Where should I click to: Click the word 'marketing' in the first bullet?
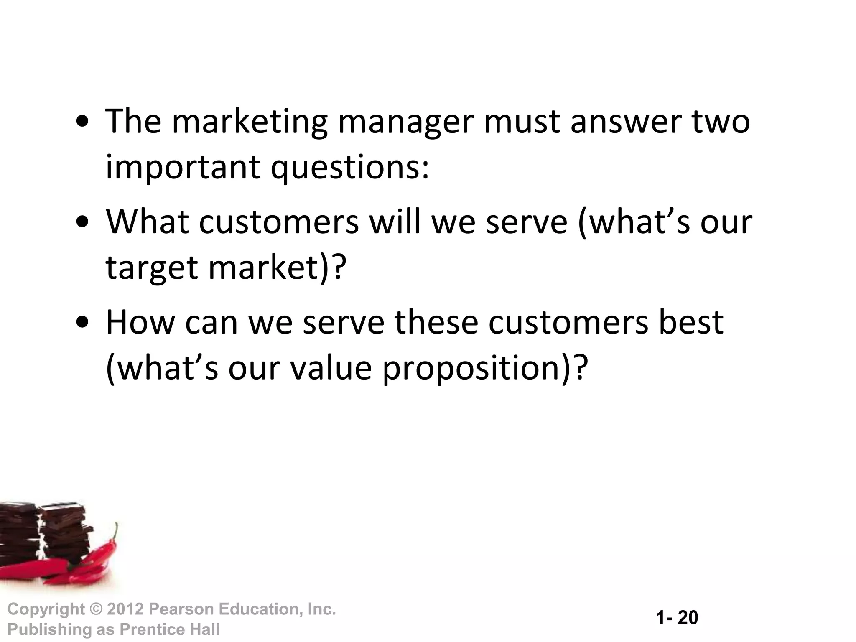pyautogui.click(x=249, y=122)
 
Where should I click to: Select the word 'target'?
pyautogui.click(x=151, y=268)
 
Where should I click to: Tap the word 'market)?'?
pyautogui.click(x=278, y=267)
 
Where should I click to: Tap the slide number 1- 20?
pyautogui.click(x=677, y=618)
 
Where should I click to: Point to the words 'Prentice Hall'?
pyautogui.click(x=169, y=629)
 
